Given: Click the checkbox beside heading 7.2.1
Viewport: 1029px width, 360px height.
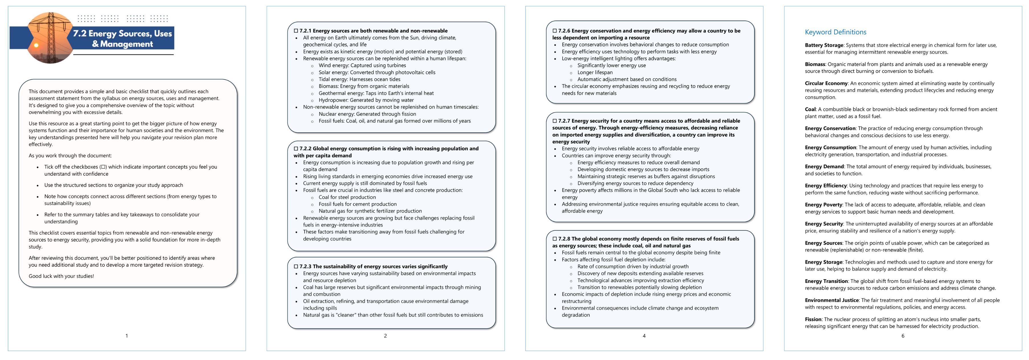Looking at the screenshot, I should pos(296,31).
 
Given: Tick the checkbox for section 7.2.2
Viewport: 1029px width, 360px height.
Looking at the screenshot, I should pos(296,149).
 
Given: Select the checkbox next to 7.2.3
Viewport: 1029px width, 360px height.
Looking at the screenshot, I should pos(296,266).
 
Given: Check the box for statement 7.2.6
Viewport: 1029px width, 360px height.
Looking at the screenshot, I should pos(555,31).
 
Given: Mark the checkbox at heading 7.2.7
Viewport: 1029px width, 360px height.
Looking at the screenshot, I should pos(555,121).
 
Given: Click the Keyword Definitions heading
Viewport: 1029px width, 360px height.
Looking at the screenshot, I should pos(835,32).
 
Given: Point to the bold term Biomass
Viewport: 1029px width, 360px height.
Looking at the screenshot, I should pos(815,64).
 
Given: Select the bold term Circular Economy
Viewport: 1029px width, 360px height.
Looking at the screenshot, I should pos(826,84).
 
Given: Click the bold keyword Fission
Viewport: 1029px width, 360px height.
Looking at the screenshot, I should pos(813,319).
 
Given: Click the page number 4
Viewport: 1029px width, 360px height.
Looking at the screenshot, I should pos(644,336).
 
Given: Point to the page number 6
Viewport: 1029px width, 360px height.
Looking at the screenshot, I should pos(902,336).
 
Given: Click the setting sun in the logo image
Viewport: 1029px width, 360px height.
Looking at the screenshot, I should pos(36,45).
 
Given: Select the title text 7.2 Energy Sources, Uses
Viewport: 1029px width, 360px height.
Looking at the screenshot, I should pos(122,34).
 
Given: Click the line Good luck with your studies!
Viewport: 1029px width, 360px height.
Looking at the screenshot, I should pos(61,276).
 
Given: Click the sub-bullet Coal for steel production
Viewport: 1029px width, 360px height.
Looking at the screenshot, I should pos(347,197).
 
